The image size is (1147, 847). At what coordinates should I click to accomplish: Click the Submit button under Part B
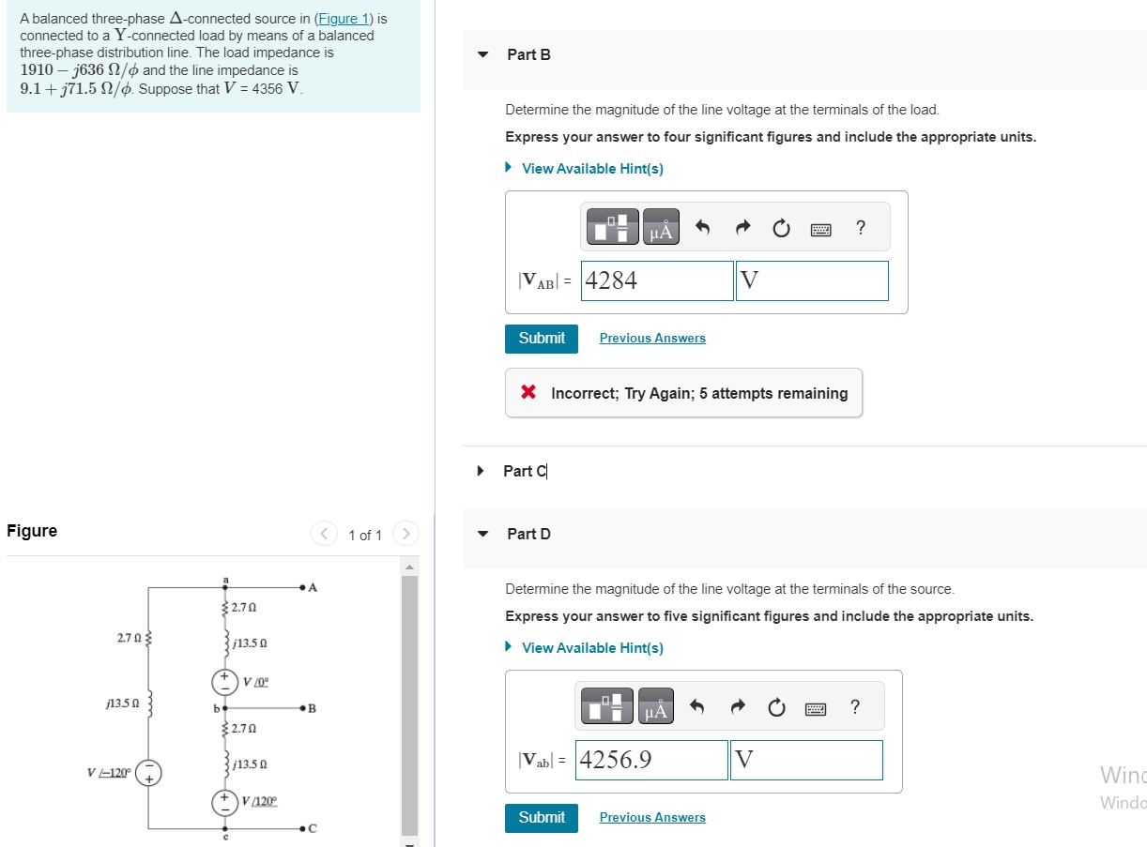(542, 338)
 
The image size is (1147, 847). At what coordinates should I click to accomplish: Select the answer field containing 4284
(656, 280)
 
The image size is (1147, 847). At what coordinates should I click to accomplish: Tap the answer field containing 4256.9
(651, 760)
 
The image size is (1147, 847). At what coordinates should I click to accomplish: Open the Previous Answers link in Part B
(652, 339)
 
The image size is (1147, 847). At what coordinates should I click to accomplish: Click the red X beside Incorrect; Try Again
(529, 393)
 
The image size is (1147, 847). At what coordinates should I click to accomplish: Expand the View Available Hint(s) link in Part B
(591, 169)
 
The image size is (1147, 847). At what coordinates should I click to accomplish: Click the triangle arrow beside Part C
(482, 471)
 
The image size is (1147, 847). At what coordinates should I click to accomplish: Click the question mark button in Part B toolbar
(861, 228)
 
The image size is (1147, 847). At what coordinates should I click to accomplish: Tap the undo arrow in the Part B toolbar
(702, 228)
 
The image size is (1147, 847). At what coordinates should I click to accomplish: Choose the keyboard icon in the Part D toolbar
(815, 708)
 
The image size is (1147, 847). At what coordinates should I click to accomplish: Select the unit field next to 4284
(812, 280)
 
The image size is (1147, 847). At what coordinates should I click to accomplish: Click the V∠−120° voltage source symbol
(148, 773)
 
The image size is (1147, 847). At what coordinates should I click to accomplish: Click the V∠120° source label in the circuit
(259, 802)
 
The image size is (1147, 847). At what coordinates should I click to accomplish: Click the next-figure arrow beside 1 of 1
(405, 535)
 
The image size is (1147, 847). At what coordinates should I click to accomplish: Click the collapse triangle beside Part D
(483, 534)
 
